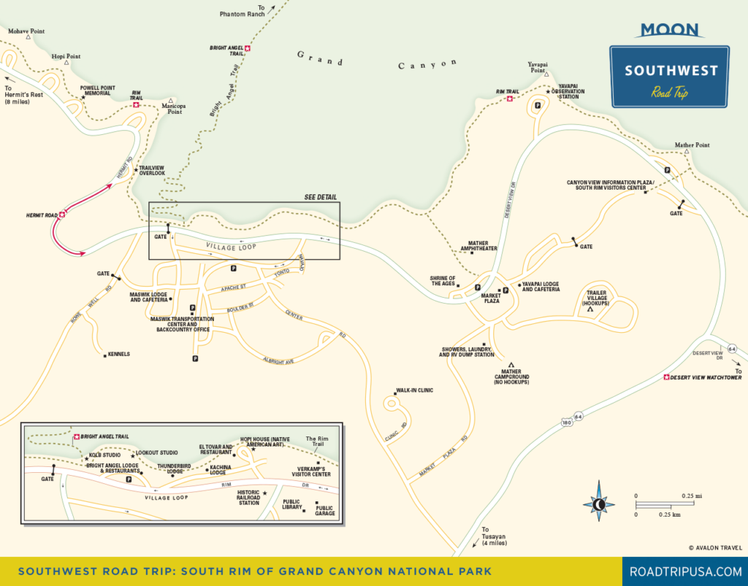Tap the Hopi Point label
click(66, 56)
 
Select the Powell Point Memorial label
click(97, 90)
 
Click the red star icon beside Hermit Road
click(63, 214)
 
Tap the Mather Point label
click(692, 145)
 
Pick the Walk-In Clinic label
click(414, 390)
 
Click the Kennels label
click(118, 354)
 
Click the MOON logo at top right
click(669, 29)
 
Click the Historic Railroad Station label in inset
click(248, 498)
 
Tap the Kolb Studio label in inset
click(106, 455)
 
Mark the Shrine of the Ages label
click(443, 281)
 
